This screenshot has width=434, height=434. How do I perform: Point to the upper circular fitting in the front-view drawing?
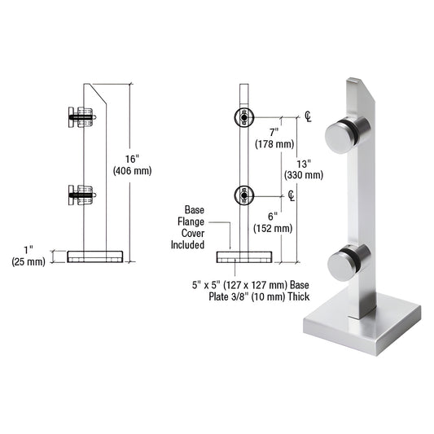point(243,116)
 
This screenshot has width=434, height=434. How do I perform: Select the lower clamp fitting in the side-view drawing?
point(80,195)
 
